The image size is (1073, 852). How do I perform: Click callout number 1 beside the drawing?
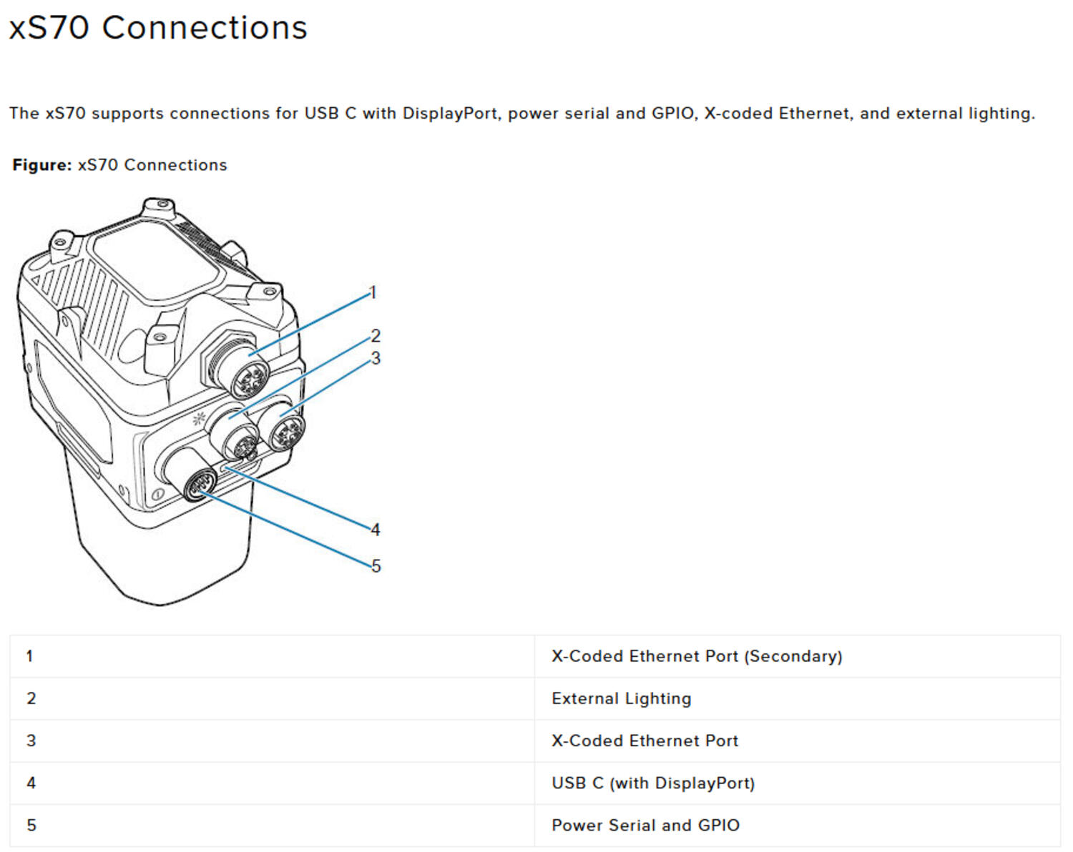pyautogui.click(x=372, y=292)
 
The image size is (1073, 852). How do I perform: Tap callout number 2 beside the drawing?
pyautogui.click(x=376, y=335)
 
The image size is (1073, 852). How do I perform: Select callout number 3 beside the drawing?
pyautogui.click(x=376, y=358)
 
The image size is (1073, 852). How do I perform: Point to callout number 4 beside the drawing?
pyautogui.click(x=376, y=530)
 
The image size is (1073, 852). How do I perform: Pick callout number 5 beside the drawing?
pyautogui.click(x=376, y=566)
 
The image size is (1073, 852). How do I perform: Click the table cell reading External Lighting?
pyautogui.click(x=621, y=698)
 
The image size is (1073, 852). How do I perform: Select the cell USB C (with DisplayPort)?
pyautogui.click(x=652, y=783)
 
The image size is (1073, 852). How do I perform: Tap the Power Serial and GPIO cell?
pyautogui.click(x=645, y=825)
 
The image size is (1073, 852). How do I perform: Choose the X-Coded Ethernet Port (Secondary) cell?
pyautogui.click(x=696, y=656)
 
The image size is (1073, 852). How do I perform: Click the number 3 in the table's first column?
pyautogui.click(x=31, y=740)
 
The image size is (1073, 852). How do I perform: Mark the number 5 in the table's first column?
pyautogui.click(x=31, y=825)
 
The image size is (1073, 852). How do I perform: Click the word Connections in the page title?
pyautogui.click(x=205, y=29)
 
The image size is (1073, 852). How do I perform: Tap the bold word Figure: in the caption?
pyautogui.click(x=42, y=165)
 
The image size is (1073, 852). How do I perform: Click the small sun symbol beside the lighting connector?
pyautogui.click(x=199, y=419)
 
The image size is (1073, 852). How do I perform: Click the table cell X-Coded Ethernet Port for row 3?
pyautogui.click(x=644, y=740)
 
